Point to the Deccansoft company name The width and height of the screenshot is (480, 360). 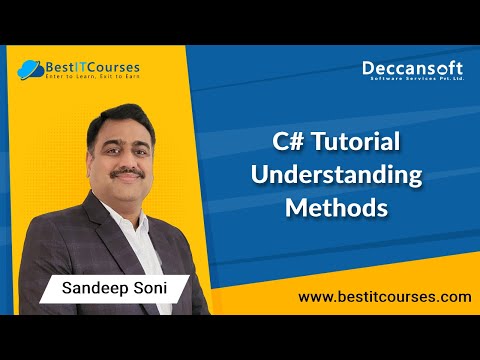coord(412,69)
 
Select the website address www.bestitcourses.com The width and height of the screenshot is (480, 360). coord(384,297)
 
